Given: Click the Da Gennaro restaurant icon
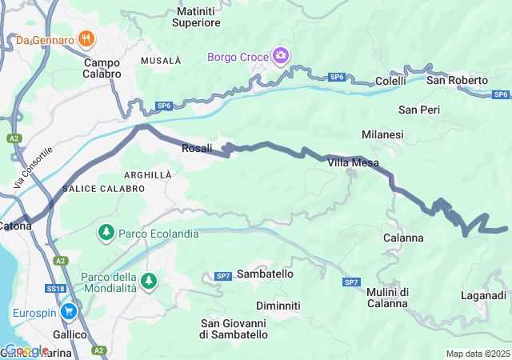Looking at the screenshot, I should tap(87, 38).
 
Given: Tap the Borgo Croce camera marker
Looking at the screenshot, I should tap(280, 56).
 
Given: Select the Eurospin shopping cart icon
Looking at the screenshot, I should tap(68, 312).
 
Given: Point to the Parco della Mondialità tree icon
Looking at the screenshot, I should tap(148, 282).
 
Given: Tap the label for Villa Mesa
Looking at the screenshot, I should tap(353, 162).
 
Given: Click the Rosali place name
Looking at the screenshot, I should tap(197, 148).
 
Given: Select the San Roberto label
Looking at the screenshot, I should tap(457, 81).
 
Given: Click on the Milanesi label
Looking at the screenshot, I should tap(382, 134).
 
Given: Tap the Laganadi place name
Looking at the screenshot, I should tap(483, 296).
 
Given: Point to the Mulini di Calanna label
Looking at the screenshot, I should tap(388, 297).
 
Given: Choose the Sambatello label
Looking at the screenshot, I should tap(266, 274).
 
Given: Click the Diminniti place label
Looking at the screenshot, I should tap(278, 306).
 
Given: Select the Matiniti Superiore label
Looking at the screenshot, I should tap(197, 18).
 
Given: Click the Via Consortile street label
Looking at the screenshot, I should tap(33, 167).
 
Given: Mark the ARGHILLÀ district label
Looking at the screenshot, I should tap(147, 174).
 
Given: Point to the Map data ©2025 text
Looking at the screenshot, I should tap(477, 354).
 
